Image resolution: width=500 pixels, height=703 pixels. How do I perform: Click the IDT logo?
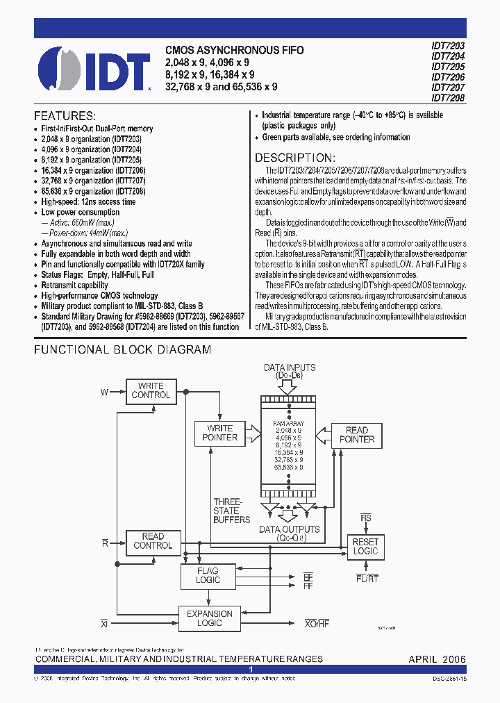click(94, 67)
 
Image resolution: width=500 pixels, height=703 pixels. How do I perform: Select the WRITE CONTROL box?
click(151, 390)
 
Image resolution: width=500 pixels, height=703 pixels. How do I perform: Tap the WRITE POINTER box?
click(219, 433)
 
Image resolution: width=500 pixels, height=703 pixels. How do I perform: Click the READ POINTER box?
click(357, 435)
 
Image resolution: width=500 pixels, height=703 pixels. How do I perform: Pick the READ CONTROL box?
click(153, 541)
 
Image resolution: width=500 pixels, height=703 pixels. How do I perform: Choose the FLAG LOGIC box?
click(208, 575)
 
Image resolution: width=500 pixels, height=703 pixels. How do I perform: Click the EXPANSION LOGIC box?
click(210, 618)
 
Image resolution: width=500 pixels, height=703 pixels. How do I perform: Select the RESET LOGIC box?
click(365, 547)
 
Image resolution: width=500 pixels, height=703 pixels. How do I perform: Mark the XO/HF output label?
click(317, 624)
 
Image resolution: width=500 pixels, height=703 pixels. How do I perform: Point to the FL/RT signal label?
click(366, 577)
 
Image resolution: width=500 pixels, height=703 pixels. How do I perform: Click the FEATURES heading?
click(65, 115)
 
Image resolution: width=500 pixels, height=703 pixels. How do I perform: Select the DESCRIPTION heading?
click(294, 158)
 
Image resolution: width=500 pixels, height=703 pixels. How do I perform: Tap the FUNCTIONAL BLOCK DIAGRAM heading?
click(122, 350)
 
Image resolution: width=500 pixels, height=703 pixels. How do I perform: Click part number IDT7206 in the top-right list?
click(448, 78)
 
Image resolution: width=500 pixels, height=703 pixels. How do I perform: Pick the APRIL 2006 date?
click(437, 659)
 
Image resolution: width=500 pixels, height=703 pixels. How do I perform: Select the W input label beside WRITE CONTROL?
click(104, 392)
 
